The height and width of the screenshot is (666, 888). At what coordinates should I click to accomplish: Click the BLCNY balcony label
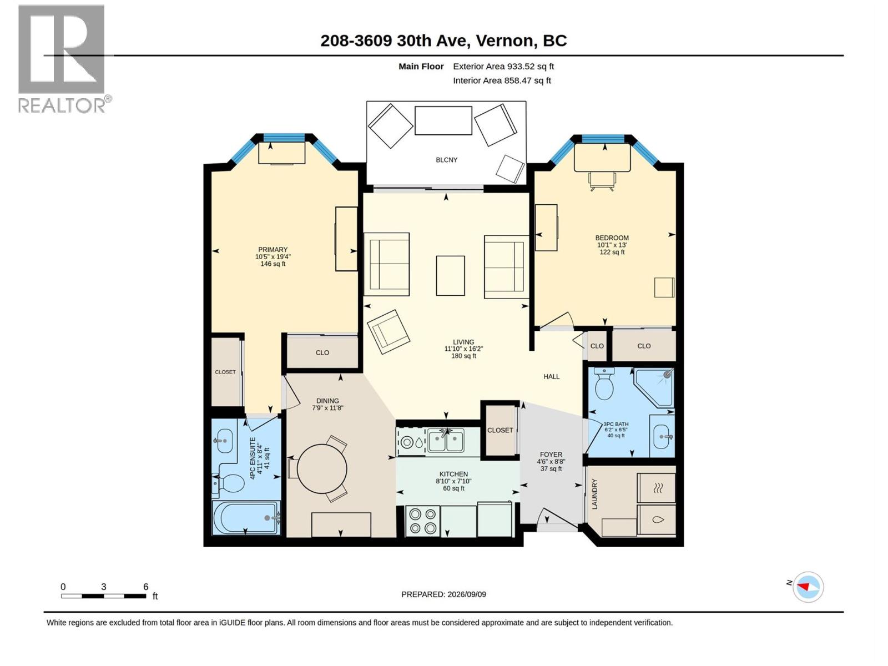(446, 160)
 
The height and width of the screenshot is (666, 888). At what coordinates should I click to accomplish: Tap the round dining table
(322, 469)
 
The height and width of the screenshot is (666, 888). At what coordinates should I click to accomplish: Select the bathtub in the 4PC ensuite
(247, 518)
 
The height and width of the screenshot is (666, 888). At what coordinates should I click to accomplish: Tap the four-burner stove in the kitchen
(422, 521)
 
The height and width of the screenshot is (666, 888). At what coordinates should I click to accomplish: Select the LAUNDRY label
(594, 493)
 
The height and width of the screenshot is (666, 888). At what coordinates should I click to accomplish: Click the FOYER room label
(551, 454)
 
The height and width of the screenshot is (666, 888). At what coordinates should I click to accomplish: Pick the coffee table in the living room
(450, 275)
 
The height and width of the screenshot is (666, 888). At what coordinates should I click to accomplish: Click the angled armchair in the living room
(389, 331)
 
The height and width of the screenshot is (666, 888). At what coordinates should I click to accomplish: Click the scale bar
(104, 596)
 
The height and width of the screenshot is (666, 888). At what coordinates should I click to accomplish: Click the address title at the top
(443, 41)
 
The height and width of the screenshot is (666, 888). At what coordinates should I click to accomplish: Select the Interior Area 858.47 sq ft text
(502, 80)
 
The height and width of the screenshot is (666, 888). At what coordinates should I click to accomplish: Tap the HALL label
(552, 376)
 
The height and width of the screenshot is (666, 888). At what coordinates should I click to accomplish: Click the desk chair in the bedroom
(602, 181)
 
